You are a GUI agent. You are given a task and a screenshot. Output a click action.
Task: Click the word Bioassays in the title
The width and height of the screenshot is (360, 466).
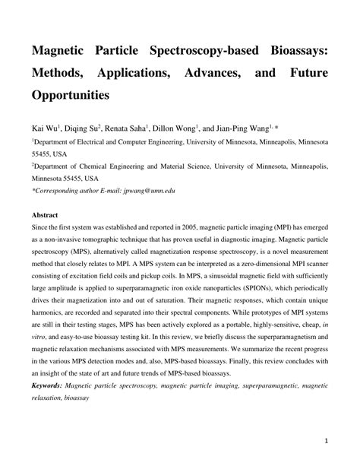tap(291, 56)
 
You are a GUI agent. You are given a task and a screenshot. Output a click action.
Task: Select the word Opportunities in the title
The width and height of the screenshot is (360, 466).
tap(71, 97)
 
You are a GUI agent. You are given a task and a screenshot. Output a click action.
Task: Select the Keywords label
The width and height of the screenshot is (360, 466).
tap(47, 386)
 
